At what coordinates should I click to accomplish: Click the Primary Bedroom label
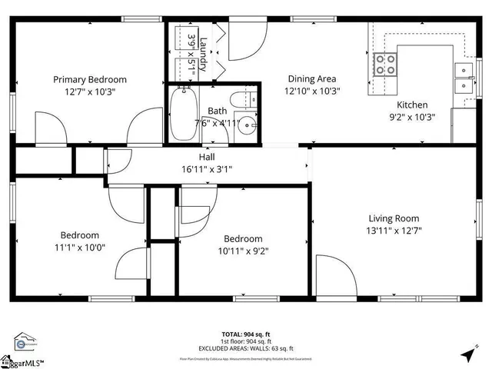(x=90, y=79)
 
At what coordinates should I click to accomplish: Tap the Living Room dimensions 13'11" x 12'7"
(x=394, y=230)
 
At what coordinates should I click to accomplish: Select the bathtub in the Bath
(x=184, y=114)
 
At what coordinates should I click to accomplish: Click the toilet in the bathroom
(x=251, y=101)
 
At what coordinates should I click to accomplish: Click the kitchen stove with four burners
(x=384, y=64)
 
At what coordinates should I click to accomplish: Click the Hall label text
(x=207, y=157)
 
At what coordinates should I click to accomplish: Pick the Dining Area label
(x=312, y=78)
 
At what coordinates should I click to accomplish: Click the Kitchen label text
(x=412, y=105)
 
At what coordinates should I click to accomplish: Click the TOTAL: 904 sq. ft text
(x=246, y=334)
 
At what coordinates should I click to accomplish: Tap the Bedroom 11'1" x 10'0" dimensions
(x=80, y=248)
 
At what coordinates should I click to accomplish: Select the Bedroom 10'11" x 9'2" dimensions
(x=243, y=251)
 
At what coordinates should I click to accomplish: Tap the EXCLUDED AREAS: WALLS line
(x=246, y=348)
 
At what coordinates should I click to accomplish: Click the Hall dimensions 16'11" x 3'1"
(x=207, y=169)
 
